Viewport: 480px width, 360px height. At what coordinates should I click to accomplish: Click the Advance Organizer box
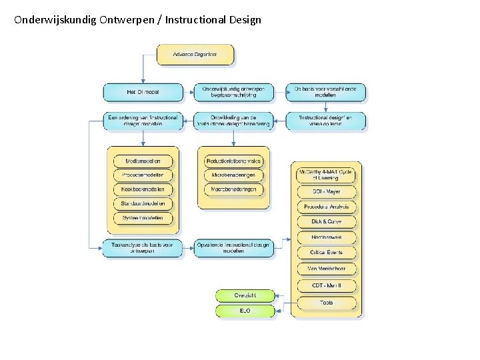pyautogui.click(x=195, y=54)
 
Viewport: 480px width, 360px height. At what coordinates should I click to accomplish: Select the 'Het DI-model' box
pyautogui.click(x=142, y=92)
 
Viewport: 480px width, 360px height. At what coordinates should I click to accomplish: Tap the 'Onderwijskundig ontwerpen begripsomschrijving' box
pyautogui.click(x=233, y=92)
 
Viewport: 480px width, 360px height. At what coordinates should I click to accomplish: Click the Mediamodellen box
pyautogui.click(x=143, y=161)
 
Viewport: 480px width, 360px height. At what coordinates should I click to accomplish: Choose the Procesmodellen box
pyautogui.click(x=143, y=175)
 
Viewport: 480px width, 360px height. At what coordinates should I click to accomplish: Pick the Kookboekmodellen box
pyautogui.click(x=143, y=189)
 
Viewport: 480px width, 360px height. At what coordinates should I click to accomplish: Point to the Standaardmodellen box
pyautogui.click(x=143, y=204)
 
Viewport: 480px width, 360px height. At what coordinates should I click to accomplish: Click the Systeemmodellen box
pyautogui.click(x=143, y=218)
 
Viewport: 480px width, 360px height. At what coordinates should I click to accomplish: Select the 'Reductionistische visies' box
pyautogui.click(x=234, y=161)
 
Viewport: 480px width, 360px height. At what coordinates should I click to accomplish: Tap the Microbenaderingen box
pyautogui.click(x=234, y=175)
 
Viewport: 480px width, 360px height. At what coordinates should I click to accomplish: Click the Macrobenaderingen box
pyautogui.click(x=234, y=189)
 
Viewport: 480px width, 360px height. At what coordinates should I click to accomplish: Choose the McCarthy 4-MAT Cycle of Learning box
pyautogui.click(x=326, y=175)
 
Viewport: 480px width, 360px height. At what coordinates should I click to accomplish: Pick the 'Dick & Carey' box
pyautogui.click(x=326, y=221)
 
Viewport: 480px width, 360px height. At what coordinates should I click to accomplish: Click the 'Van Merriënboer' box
pyautogui.click(x=326, y=269)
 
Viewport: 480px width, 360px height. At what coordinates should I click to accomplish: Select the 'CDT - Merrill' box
pyautogui.click(x=326, y=285)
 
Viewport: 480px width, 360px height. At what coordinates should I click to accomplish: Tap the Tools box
pyautogui.click(x=326, y=303)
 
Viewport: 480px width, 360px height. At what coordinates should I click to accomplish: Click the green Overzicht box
pyautogui.click(x=245, y=295)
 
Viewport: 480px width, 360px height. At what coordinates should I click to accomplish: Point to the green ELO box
pyautogui.click(x=245, y=311)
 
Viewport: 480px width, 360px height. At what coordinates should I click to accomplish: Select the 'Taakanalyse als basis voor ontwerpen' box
pyautogui.click(x=142, y=248)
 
